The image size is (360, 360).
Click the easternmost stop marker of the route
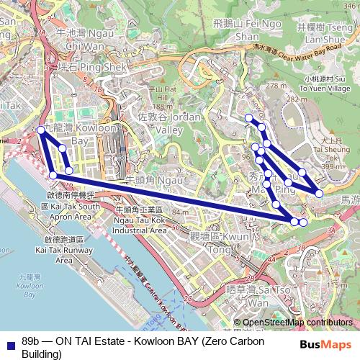coord(319,193)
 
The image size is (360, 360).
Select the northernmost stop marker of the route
coord(248,117)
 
